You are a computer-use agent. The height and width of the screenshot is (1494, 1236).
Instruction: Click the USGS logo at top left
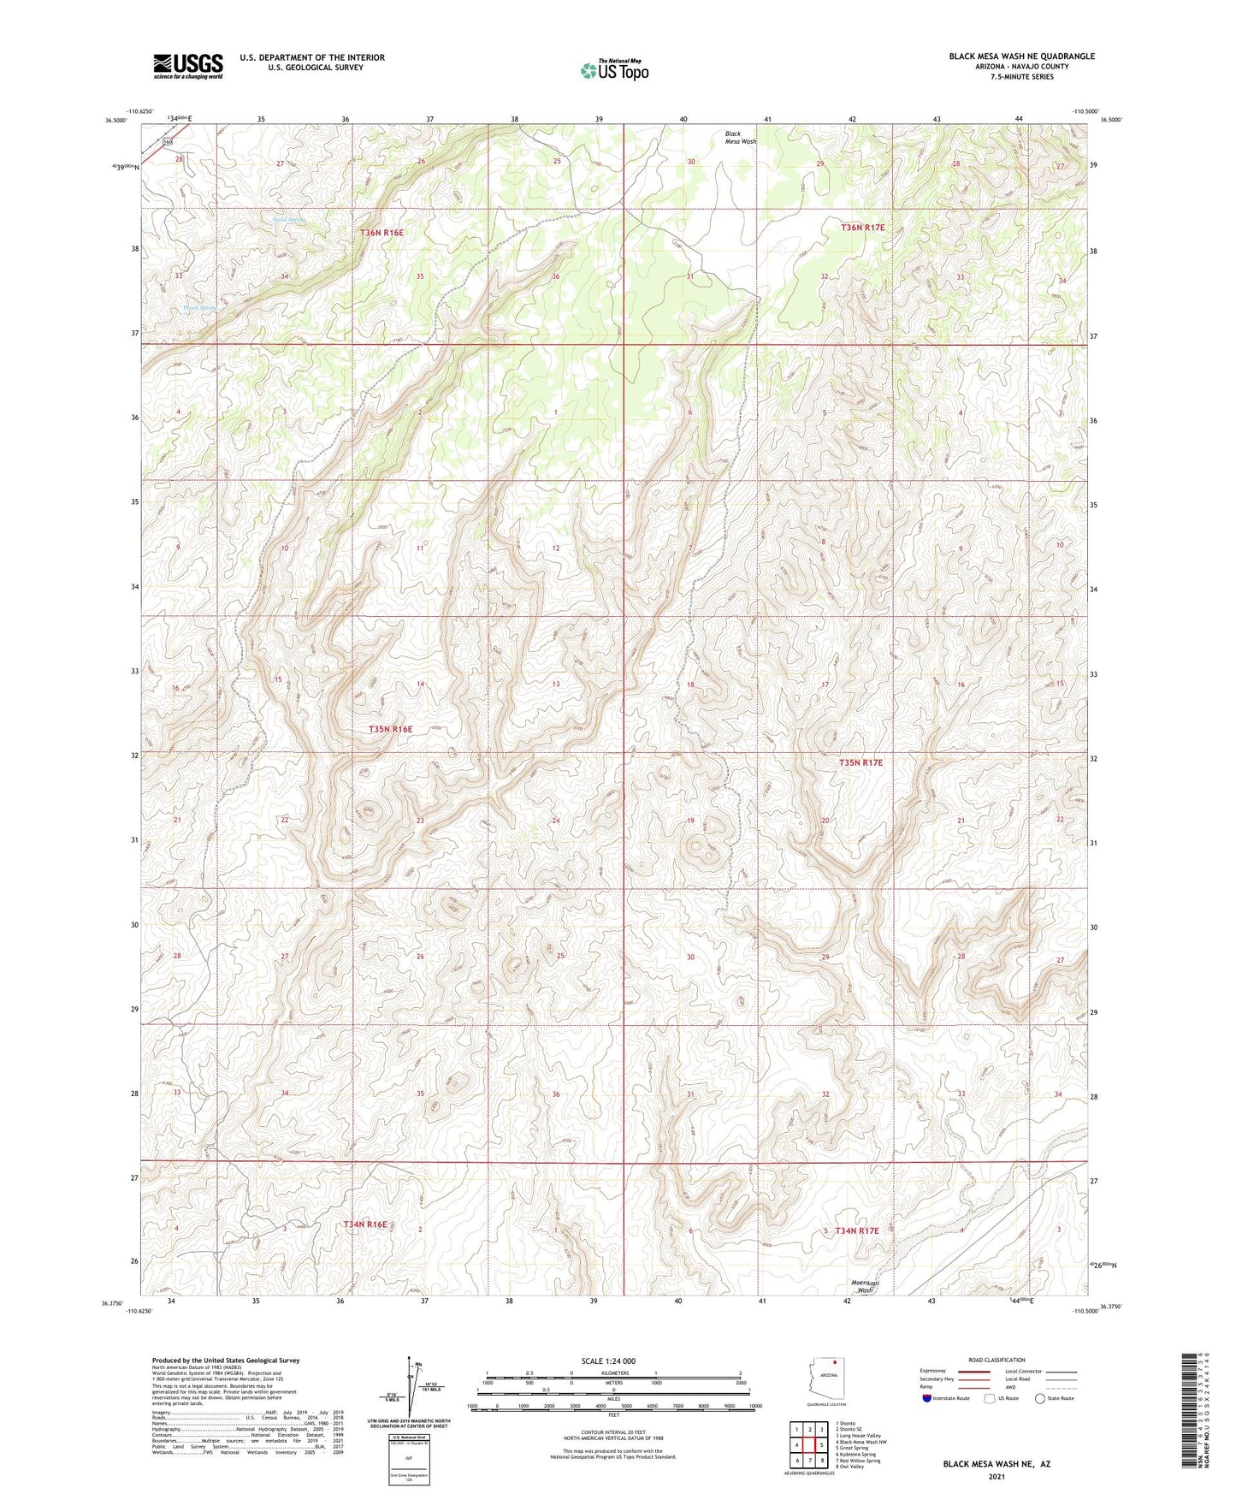click(x=187, y=65)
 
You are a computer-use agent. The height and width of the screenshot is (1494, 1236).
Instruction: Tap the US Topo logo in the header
click(x=614, y=70)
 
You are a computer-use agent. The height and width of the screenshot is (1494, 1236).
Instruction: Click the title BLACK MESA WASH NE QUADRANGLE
click(x=1021, y=56)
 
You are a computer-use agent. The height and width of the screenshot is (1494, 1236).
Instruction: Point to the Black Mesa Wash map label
click(x=740, y=138)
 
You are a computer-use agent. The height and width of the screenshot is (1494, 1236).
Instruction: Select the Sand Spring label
click(x=289, y=220)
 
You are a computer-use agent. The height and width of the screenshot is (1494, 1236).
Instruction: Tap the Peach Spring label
click(x=198, y=308)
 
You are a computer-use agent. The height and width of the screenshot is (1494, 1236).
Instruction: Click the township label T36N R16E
click(x=381, y=233)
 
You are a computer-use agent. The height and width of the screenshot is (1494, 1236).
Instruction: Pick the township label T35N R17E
click(x=860, y=762)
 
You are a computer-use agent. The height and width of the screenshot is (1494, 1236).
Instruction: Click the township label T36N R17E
click(x=862, y=228)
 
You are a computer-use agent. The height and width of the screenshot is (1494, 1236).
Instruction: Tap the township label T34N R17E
click(x=857, y=1230)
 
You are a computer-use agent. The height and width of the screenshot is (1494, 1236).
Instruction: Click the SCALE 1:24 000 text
click(x=608, y=1361)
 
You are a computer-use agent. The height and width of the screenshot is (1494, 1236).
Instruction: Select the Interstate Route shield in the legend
click(x=927, y=1398)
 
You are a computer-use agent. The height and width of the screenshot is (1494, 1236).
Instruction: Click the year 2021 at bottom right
click(x=996, y=1476)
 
